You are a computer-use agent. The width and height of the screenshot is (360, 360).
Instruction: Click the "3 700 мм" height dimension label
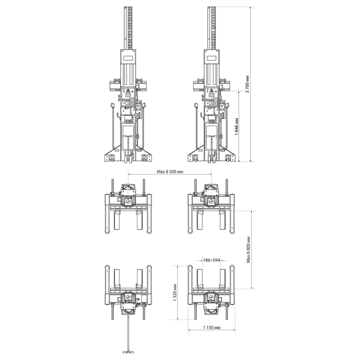click(x=247, y=84)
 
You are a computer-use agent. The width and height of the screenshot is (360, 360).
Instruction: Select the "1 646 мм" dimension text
click(x=237, y=127)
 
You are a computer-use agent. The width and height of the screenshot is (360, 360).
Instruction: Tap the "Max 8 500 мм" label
click(x=170, y=171)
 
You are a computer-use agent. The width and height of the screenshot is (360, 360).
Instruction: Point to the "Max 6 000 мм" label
click(x=248, y=250)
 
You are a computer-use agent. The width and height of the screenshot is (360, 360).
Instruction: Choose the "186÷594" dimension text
click(x=211, y=260)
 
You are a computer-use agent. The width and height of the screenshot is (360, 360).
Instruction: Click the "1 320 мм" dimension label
click(x=175, y=292)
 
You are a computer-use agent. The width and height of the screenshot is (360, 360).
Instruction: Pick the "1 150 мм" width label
click(x=211, y=328)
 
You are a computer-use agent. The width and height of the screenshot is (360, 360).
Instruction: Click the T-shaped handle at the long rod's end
click(x=128, y=351)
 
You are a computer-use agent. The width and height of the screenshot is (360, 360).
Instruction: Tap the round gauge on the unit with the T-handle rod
click(x=128, y=298)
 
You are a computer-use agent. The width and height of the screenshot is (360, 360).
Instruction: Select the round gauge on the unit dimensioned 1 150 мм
click(x=211, y=298)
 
